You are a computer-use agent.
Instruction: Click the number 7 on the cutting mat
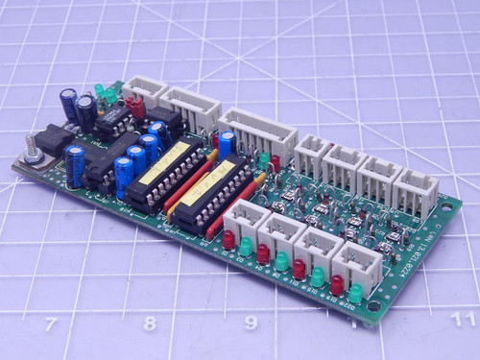point(50,324)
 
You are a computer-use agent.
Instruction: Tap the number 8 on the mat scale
point(150,324)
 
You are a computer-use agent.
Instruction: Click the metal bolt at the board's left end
point(30,152)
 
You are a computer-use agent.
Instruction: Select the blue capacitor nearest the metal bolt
point(75,165)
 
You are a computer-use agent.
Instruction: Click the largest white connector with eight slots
point(257,133)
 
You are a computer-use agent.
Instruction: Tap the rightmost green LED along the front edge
point(356,292)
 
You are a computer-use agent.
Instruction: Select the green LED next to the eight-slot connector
point(263,160)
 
